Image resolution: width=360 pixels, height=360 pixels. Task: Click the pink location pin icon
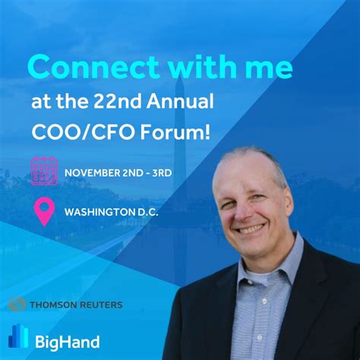click(x=44, y=210)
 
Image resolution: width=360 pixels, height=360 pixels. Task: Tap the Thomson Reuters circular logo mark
click(x=17, y=305)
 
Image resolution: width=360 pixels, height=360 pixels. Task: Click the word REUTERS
click(x=99, y=305)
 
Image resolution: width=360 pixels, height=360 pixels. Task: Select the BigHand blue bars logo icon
click(x=18, y=339)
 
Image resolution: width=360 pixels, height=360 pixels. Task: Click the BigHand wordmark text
click(x=68, y=341)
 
